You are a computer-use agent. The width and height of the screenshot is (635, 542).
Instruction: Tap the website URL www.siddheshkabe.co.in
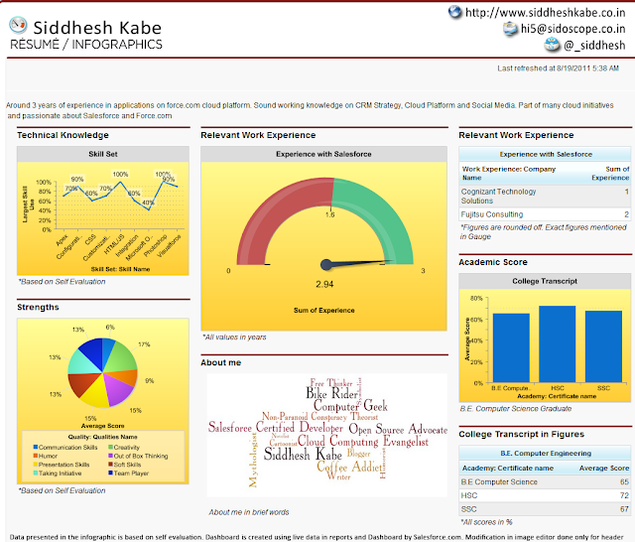click(549, 12)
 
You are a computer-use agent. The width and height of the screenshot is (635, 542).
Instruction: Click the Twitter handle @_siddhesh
click(592, 45)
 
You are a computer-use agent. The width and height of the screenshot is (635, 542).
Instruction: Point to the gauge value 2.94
click(325, 285)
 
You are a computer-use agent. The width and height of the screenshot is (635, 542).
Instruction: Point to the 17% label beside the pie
click(145, 344)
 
